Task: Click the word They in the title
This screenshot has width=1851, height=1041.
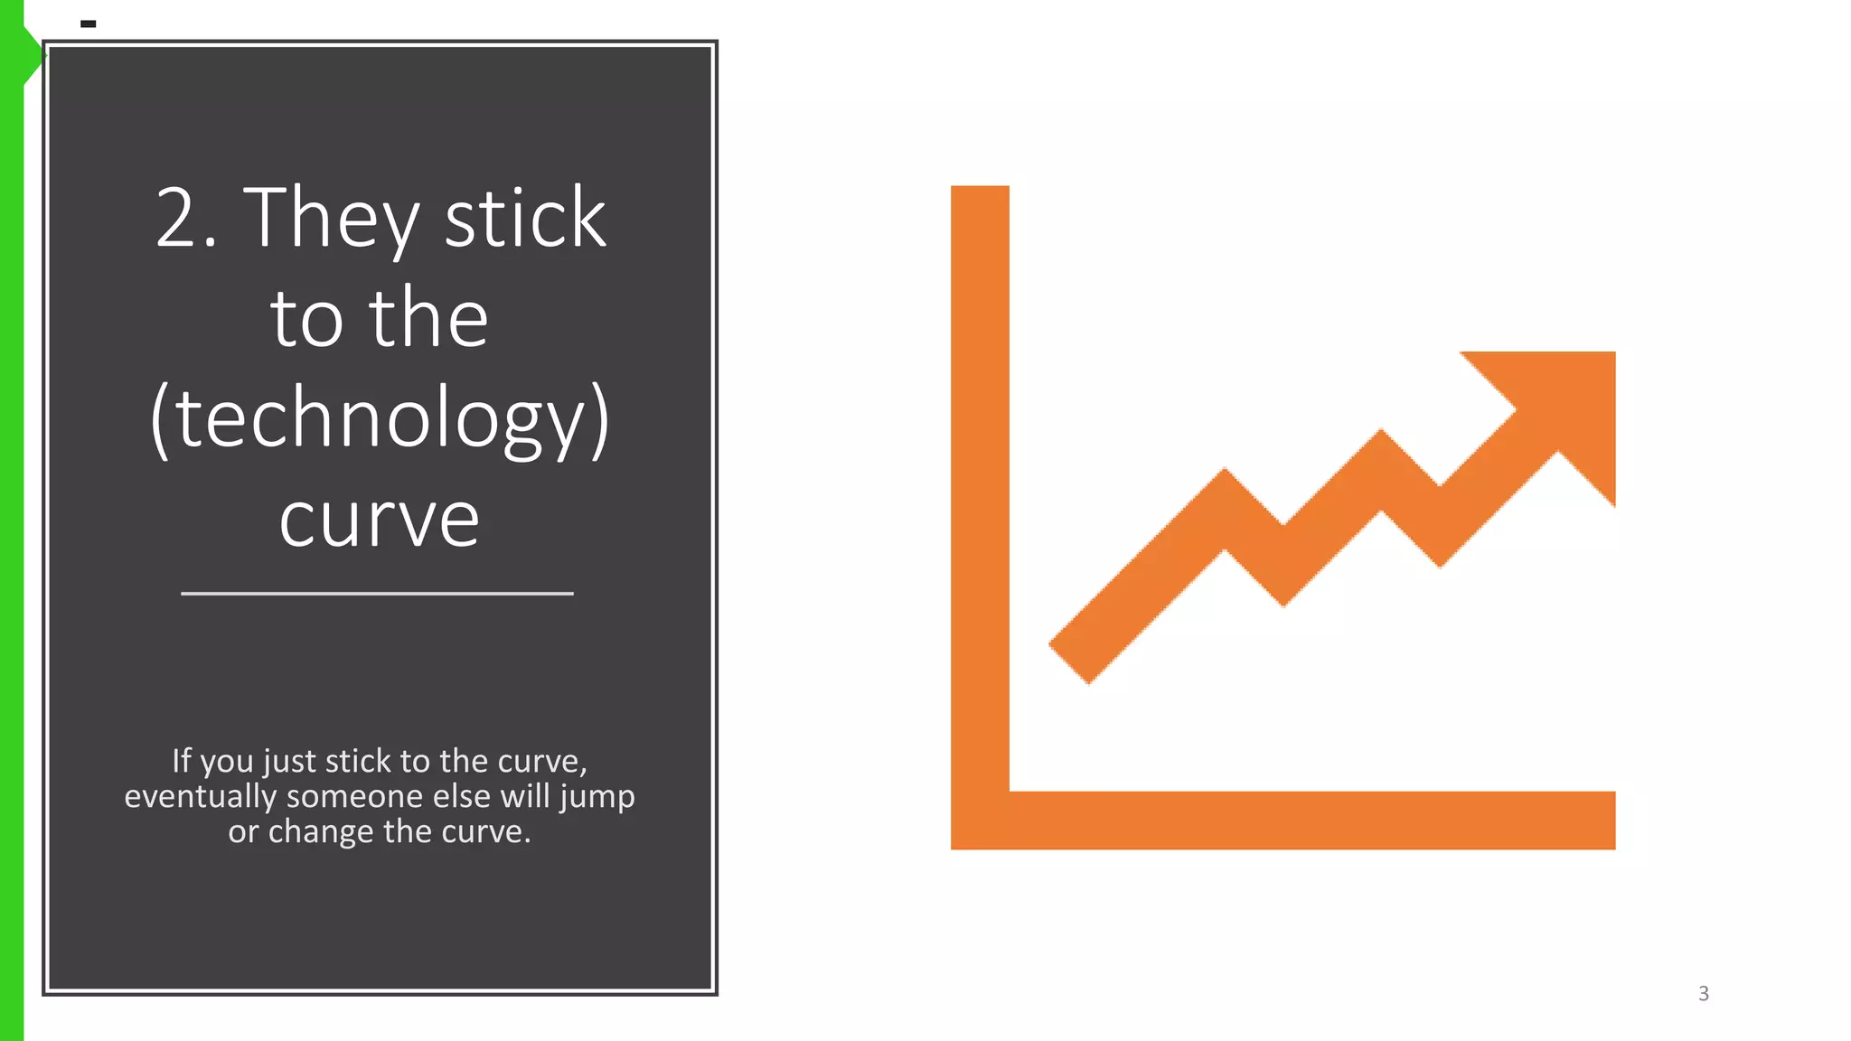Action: tap(331, 219)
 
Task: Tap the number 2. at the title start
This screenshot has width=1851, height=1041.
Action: tap(186, 219)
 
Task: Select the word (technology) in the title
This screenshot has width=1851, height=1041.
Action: tap(380, 419)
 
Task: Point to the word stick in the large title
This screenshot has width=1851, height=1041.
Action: tap(525, 219)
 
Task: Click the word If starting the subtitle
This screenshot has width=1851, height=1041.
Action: tap(182, 761)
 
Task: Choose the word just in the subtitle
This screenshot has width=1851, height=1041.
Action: tap(290, 763)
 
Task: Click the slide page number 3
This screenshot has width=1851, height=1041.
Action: tap(1704, 994)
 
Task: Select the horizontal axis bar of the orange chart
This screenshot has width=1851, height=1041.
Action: tap(1311, 821)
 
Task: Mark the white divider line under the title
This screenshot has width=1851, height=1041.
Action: tap(377, 594)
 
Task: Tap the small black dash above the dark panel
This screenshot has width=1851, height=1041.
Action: tap(89, 23)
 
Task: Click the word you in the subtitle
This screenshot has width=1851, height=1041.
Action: tap(226, 763)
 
